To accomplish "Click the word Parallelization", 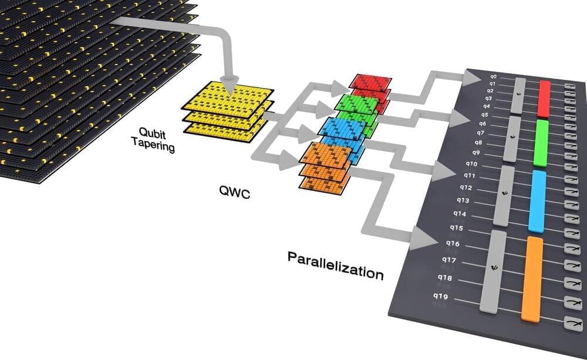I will (x=335, y=264).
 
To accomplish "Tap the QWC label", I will (x=234, y=192).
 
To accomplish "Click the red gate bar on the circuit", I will (x=545, y=99).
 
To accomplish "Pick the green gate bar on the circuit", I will (x=541, y=143).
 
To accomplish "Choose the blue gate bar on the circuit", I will (x=537, y=201).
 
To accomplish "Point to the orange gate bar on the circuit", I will (x=532, y=279).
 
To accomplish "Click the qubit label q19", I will (x=441, y=297).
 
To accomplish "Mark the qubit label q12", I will (x=465, y=187).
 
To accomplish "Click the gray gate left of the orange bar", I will (x=493, y=271).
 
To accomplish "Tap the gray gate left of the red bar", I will (x=518, y=95).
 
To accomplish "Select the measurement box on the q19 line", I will (x=573, y=322).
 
